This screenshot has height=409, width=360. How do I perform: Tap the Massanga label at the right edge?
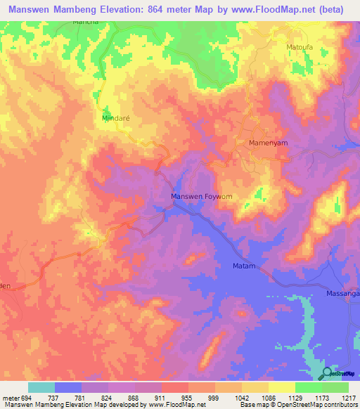point(342,293)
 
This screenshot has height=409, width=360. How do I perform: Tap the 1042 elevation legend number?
point(240,398)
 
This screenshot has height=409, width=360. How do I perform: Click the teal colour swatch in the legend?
point(41,387)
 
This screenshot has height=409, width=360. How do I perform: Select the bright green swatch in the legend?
point(308,387)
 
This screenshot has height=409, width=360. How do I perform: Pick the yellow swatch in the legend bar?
point(281,387)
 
